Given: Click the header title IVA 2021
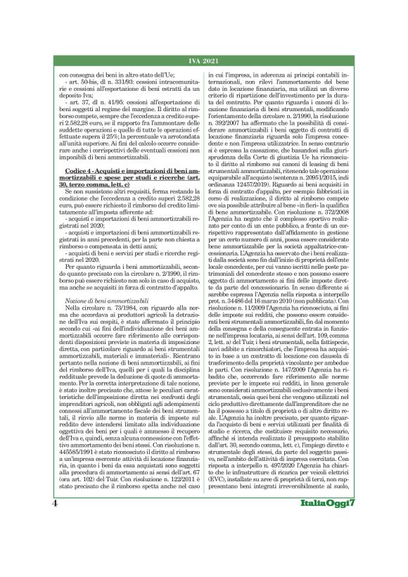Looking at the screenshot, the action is click(x=204, y=63).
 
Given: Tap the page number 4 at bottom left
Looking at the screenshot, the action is click(x=55, y=544).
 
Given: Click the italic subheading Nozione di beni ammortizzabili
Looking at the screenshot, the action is click(x=105, y=300).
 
